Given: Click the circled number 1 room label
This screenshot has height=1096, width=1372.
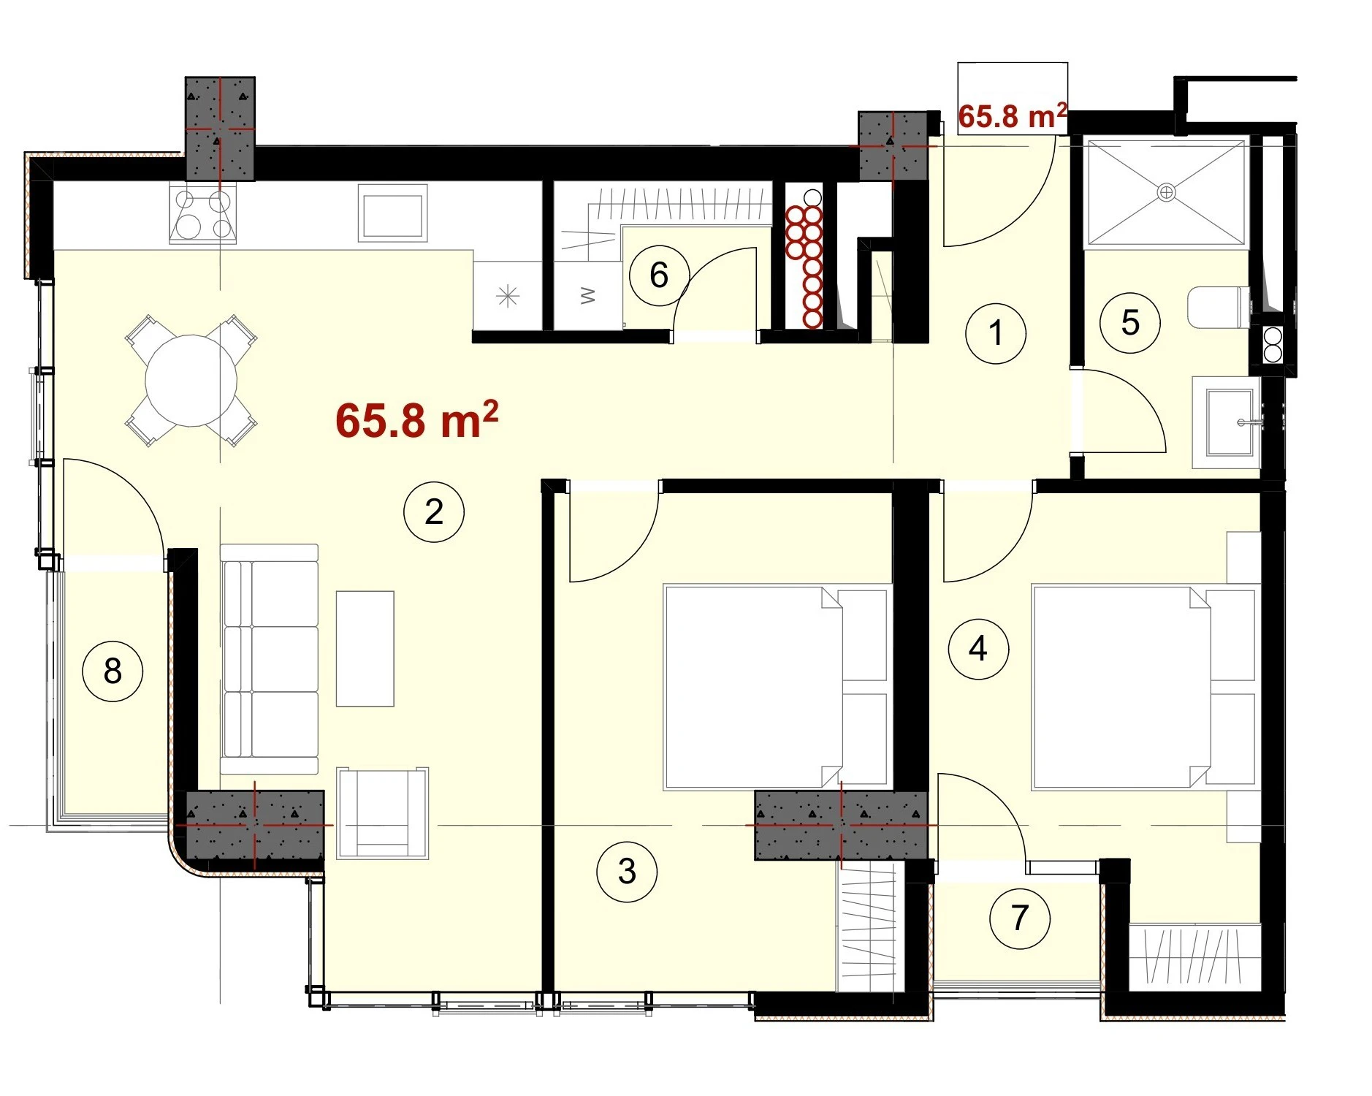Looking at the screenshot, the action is click(995, 333).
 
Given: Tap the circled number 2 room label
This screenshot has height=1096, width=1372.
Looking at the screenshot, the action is click(434, 511).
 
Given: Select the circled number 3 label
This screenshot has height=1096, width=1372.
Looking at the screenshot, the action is click(627, 871).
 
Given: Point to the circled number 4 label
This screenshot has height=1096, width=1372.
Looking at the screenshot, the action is click(978, 648).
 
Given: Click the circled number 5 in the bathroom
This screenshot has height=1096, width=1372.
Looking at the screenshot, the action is click(1130, 323).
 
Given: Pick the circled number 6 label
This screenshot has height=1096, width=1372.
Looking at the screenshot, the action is click(659, 275).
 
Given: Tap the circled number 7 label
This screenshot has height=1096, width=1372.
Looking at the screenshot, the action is click(1020, 918).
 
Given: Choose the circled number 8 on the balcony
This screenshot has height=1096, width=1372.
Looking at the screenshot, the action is click(113, 671).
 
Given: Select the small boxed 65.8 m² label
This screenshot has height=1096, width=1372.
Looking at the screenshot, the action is click(1013, 115).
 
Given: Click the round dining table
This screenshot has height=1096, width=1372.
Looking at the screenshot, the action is click(191, 381).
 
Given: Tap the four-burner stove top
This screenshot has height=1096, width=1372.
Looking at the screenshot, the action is click(203, 213).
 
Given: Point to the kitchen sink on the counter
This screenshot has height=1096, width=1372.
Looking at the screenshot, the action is click(392, 213).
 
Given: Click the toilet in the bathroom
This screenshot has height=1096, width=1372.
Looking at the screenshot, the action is click(1219, 308).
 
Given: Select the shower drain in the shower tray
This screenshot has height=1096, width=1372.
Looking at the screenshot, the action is click(1167, 193).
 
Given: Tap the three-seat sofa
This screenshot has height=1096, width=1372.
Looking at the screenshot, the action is click(270, 658).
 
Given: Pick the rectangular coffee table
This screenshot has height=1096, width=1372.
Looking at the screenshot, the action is click(365, 649).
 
